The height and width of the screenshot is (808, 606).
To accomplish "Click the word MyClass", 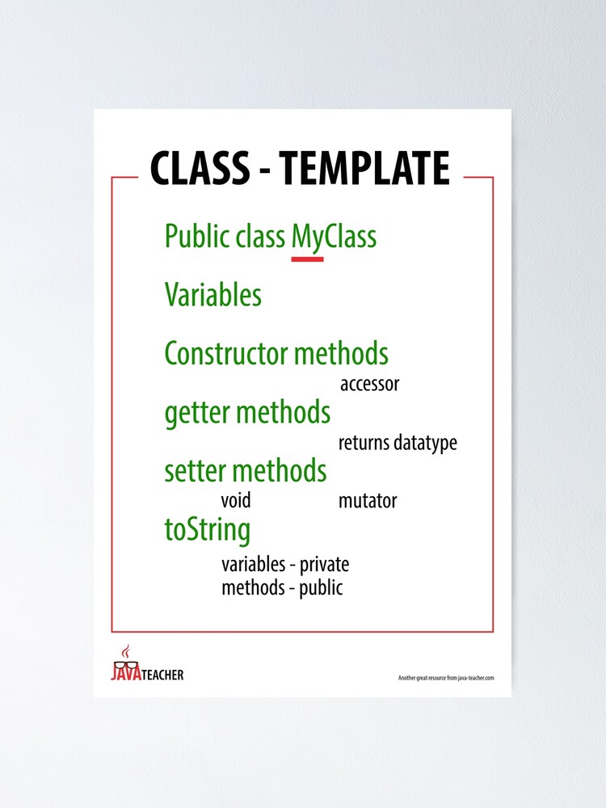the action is pos(334,238).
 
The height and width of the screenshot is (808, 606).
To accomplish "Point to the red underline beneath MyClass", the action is pos(308,259).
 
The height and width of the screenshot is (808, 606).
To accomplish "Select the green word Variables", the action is pos(213,295).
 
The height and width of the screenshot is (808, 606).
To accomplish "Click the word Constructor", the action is pos(225,354).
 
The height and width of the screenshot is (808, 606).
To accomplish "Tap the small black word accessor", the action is pos(369,385).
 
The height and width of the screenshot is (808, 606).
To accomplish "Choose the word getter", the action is pos(197,414).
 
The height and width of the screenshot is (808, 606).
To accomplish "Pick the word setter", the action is pos(195,471).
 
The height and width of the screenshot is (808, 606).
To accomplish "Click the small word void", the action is pos(236,500).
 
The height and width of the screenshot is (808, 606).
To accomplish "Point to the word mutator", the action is pos(368,501).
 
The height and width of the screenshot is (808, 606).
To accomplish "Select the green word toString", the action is pos(208,531).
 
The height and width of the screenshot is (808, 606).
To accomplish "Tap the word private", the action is pos(325,566).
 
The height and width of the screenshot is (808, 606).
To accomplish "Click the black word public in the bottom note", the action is pos(321,588).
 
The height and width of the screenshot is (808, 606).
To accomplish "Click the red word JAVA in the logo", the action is pos(126,672).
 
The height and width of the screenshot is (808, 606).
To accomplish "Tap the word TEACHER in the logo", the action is pos(162,675).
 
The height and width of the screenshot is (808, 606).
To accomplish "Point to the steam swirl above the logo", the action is pos(125,651).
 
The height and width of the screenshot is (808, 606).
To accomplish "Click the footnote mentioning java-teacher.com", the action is pos(446,678).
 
